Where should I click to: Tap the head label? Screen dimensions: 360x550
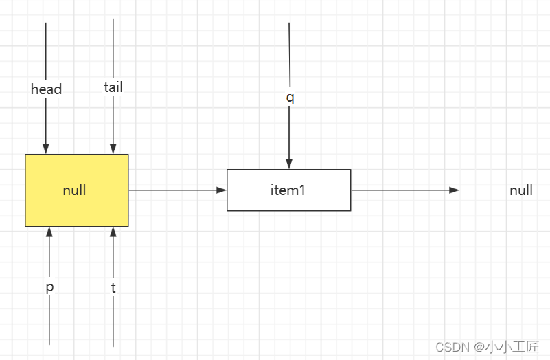tap(46, 89)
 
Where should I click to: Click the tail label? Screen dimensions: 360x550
tap(113, 87)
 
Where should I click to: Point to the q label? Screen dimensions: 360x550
tap(290, 97)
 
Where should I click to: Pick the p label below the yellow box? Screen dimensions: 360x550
tap(49, 287)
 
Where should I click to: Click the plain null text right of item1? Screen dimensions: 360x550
tap(521, 190)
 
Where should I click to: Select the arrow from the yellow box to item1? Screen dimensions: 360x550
tap(177, 190)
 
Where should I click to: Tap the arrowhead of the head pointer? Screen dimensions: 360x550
tap(46, 149)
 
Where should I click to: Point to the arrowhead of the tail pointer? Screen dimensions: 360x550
tap(113, 149)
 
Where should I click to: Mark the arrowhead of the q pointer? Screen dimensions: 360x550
tap(289, 164)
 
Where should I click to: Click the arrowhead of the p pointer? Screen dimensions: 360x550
tap(49, 232)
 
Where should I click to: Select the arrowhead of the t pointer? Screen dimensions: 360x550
tap(113, 232)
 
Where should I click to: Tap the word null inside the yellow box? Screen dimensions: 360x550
tap(74, 190)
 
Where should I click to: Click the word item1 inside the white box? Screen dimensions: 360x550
tap(288, 190)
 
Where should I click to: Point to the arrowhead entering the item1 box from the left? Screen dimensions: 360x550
tap(222, 190)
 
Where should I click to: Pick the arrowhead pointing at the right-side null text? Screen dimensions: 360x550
tap(454, 190)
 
